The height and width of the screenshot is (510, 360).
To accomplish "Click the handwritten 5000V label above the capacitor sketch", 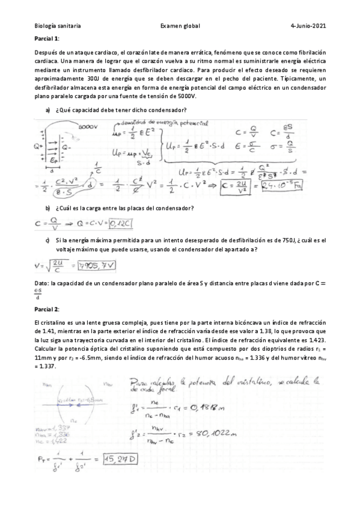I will coord(87,127).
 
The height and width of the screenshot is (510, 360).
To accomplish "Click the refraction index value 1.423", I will coord(317,340).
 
